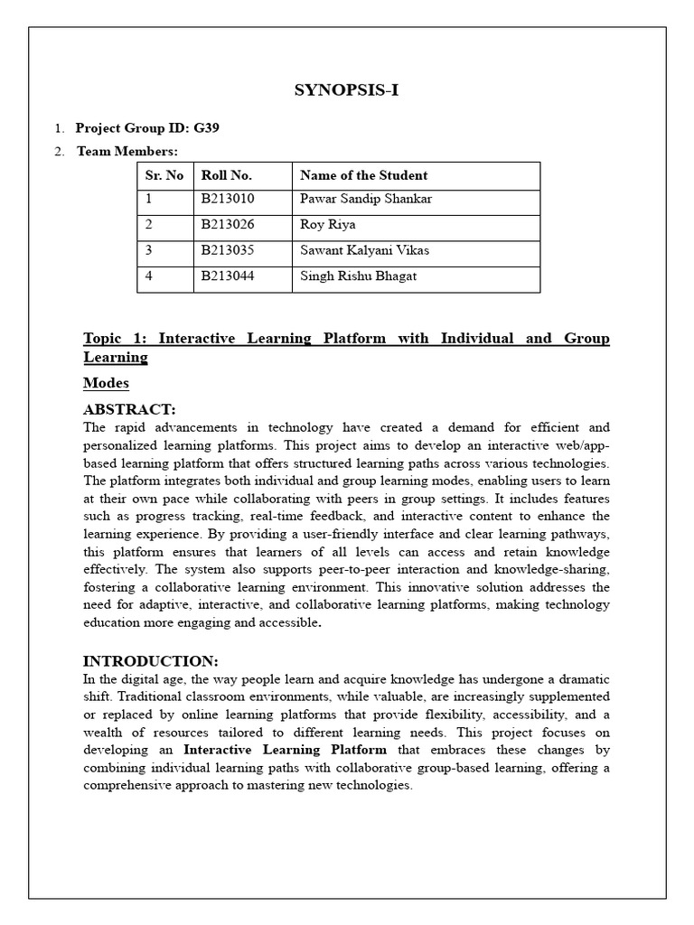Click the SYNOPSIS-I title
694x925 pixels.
[347, 89]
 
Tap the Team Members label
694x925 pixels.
[127, 151]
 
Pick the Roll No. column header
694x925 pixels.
[227, 175]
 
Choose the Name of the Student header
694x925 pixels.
[363, 175]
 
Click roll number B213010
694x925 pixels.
[228, 199]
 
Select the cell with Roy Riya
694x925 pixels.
[328, 225]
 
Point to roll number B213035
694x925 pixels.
[228, 251]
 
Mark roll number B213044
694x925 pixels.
[228, 276]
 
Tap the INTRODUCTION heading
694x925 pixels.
[151, 661]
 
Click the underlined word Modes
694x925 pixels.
[106, 383]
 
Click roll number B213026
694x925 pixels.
[228, 225]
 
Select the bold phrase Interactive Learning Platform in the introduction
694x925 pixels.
[286, 750]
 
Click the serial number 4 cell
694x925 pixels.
[148, 276]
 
